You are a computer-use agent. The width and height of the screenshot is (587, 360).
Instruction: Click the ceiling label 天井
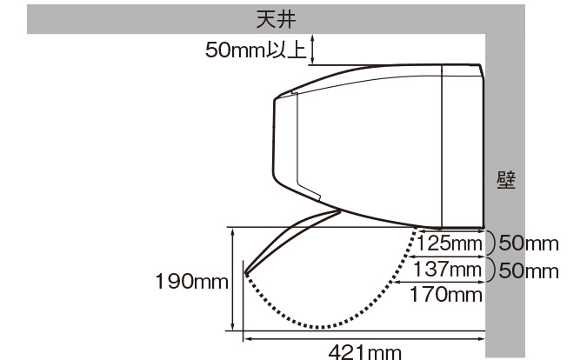(x=276, y=19)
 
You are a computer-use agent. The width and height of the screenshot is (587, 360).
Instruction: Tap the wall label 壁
(x=506, y=180)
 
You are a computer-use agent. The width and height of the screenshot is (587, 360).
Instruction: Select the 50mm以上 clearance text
(x=256, y=50)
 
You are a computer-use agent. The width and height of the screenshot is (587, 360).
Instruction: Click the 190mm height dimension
(x=191, y=281)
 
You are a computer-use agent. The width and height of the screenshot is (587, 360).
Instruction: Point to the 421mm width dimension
(x=364, y=352)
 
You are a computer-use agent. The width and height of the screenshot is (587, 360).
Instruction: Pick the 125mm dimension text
(x=450, y=243)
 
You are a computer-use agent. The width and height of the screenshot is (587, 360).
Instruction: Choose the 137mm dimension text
(x=447, y=269)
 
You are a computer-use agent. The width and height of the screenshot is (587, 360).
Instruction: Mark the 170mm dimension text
(x=446, y=294)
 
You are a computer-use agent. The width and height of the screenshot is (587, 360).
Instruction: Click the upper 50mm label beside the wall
(x=529, y=243)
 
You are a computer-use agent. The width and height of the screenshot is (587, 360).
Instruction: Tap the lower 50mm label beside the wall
(x=529, y=270)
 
